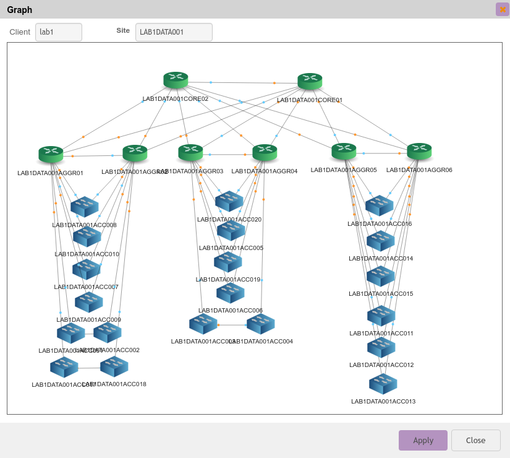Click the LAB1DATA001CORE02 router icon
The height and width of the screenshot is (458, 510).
[176, 80]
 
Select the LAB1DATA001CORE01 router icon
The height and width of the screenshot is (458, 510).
[310, 81]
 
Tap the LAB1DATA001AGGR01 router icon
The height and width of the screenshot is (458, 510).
[51, 154]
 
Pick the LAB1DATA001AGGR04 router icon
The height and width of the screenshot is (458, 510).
[265, 152]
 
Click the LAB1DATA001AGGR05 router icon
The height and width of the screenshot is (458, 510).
[344, 151]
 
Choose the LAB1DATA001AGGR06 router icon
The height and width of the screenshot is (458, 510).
[419, 151]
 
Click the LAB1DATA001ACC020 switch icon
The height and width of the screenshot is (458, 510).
[229, 201]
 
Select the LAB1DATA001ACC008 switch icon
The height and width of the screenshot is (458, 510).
[85, 206]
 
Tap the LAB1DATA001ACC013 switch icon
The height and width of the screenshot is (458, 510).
[383, 384]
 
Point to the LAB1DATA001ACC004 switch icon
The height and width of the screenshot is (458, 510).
[261, 324]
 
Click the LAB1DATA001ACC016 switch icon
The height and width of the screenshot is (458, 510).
[380, 205]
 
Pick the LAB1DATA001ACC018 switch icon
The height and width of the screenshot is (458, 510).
[114, 366]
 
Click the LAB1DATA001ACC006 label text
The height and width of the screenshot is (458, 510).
[231, 311]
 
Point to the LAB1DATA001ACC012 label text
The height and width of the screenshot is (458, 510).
[381, 365]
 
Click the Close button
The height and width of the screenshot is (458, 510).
[475, 440]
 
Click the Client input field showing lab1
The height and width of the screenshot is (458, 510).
[59, 32]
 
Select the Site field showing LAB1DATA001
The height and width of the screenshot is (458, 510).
[174, 32]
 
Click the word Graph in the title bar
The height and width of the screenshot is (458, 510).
[20, 10]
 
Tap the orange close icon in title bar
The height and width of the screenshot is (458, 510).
[503, 9]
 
